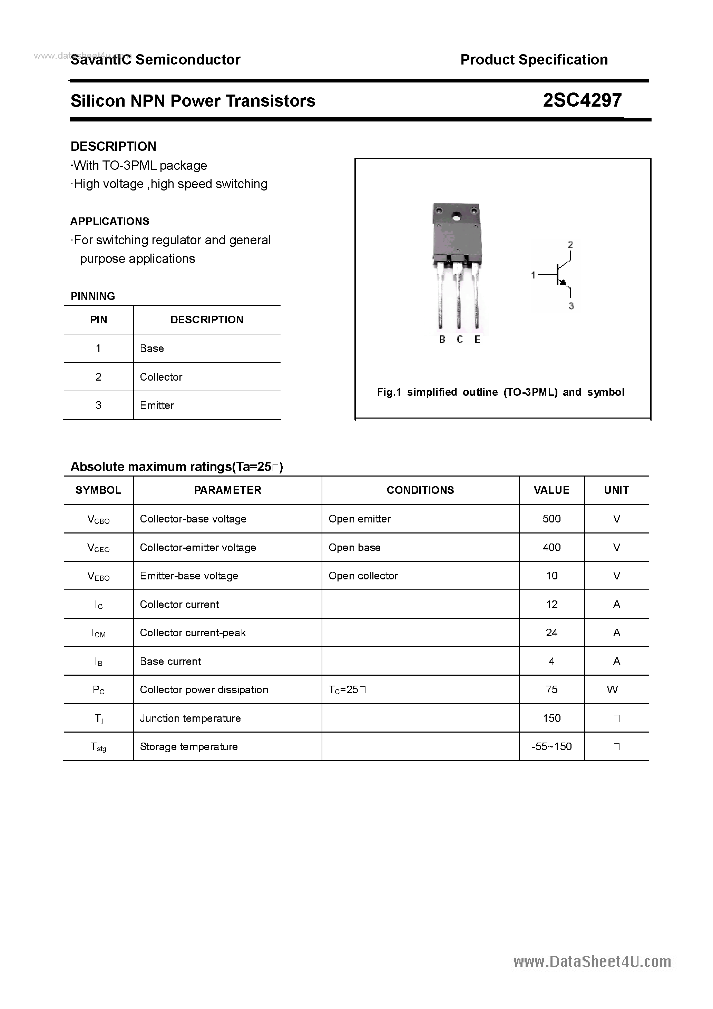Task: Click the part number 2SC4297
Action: pyautogui.click(x=582, y=101)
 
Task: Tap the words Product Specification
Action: pyautogui.click(x=534, y=60)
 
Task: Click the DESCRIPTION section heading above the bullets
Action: pyautogui.click(x=114, y=146)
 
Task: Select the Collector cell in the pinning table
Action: pyautogui.click(x=161, y=376)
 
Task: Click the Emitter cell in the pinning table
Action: pyautogui.click(x=157, y=405)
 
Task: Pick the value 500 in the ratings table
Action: pyautogui.click(x=551, y=519)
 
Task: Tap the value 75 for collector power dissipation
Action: pyautogui.click(x=551, y=689)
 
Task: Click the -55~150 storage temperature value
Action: pyautogui.click(x=551, y=746)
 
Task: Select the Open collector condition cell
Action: pyautogui.click(x=363, y=576)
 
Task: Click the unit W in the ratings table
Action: pyautogui.click(x=612, y=689)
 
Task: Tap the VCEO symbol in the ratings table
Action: pyautogui.click(x=98, y=548)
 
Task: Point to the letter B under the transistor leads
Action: pyautogui.click(x=442, y=339)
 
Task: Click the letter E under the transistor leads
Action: pyautogui.click(x=477, y=339)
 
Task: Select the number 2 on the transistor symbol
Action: pyautogui.click(x=570, y=245)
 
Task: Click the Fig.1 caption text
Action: pyautogui.click(x=500, y=392)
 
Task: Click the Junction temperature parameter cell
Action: pyautogui.click(x=191, y=718)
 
